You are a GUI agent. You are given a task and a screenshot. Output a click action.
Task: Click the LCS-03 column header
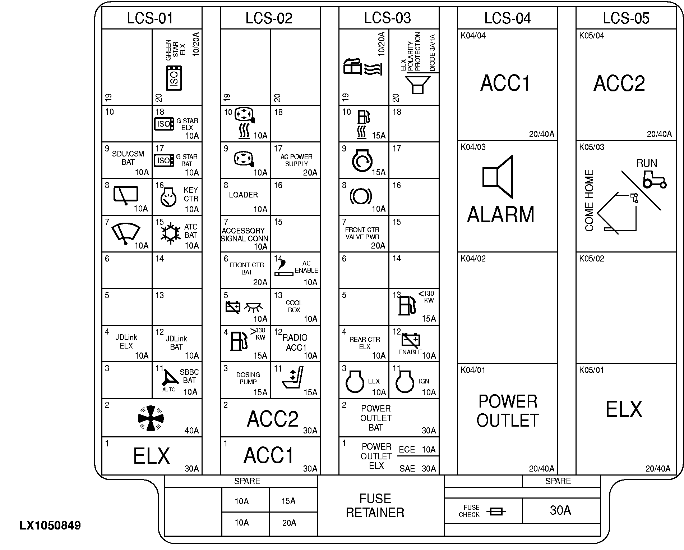[x=387, y=18]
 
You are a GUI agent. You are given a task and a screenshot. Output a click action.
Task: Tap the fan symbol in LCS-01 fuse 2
[x=151, y=418]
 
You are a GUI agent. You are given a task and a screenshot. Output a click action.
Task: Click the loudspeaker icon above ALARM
[x=498, y=177]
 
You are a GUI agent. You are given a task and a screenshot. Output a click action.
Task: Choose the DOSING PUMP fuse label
[x=248, y=378]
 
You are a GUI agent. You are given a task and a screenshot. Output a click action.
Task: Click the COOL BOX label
[x=294, y=306]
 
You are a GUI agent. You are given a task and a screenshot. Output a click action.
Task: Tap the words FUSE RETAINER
[x=375, y=505]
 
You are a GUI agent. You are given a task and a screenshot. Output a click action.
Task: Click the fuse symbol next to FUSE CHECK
[x=496, y=511]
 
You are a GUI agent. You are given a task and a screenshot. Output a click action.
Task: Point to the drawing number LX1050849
[x=50, y=526]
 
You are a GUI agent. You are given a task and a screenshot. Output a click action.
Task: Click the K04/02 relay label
[x=473, y=259]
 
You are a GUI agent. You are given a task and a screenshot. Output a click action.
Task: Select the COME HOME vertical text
[x=590, y=200]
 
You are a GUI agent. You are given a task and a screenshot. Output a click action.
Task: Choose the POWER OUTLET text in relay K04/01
[x=508, y=411]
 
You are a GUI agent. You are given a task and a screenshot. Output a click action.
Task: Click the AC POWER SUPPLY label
[x=296, y=160]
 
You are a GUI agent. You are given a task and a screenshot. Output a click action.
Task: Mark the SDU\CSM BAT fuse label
[x=128, y=158]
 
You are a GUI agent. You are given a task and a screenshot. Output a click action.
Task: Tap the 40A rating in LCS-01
[x=191, y=430]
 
